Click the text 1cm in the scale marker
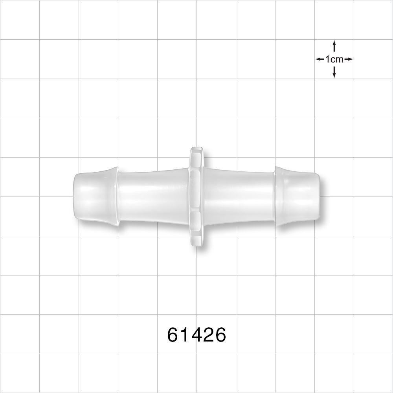pos(334,59)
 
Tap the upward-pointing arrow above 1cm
pos(334,45)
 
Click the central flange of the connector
pos(196,196)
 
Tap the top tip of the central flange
pos(196,149)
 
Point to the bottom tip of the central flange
pos(196,245)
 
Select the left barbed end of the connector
pos(95,196)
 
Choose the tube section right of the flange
pos(238,196)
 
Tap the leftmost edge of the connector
pos(74,196)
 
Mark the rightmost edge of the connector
pos(319,196)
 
